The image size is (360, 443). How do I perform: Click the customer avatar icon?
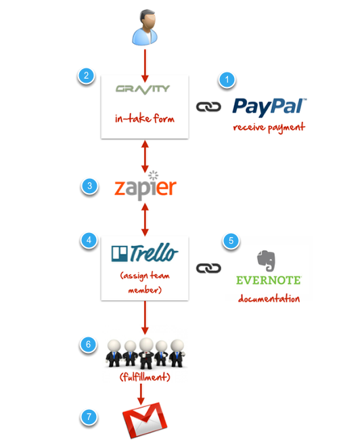[145, 27]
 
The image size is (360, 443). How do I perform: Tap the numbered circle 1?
[227, 80]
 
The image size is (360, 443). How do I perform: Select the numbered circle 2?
[86, 75]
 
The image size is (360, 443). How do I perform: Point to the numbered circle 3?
[89, 186]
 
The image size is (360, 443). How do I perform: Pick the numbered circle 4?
[89, 240]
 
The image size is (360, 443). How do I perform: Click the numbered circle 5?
[231, 240]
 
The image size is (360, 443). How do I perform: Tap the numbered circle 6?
[88, 344]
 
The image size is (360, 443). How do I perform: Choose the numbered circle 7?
[89, 417]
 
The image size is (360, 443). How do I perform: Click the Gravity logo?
[143, 89]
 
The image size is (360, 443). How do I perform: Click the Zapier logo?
[145, 186]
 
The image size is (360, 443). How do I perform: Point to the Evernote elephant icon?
[266, 261]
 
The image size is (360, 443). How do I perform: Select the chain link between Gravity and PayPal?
[208, 107]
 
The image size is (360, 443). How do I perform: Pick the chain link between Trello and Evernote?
[208, 268]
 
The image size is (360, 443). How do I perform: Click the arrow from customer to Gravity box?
[145, 66]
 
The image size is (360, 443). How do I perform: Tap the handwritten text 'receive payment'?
[269, 128]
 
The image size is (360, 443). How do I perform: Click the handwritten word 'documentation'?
[269, 298]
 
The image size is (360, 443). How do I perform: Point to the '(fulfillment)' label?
[145, 377]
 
